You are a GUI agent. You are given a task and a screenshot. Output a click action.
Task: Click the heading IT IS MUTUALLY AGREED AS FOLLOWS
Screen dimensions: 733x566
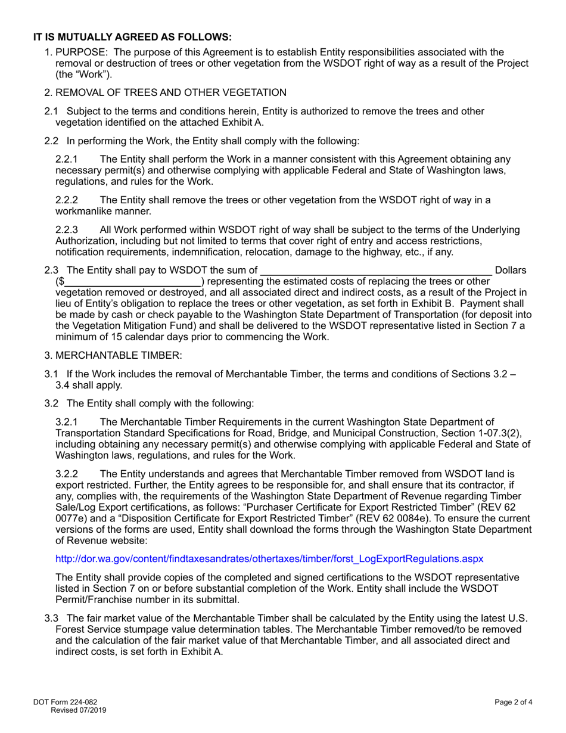tap(132, 36)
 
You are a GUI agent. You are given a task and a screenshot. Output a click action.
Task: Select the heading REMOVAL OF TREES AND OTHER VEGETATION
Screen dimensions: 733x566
tap(171, 92)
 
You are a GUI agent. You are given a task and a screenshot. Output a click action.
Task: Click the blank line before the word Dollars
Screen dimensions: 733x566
tap(375, 271)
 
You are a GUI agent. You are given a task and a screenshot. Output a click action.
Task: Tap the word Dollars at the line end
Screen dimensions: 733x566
tap(511, 271)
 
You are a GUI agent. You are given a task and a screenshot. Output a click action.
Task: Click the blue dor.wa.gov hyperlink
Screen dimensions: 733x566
tap(269, 558)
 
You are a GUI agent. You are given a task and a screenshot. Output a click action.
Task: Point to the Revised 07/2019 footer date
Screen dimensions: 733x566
tap(79, 710)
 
